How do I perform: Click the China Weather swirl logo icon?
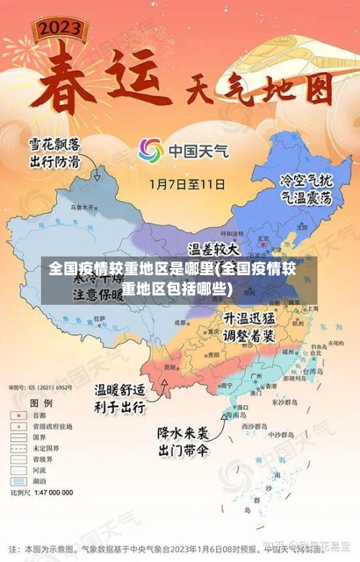point(150,151)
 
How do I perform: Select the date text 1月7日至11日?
point(186,184)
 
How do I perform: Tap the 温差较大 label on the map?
point(215,249)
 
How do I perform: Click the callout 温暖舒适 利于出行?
point(120,398)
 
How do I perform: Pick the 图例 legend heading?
point(42,403)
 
